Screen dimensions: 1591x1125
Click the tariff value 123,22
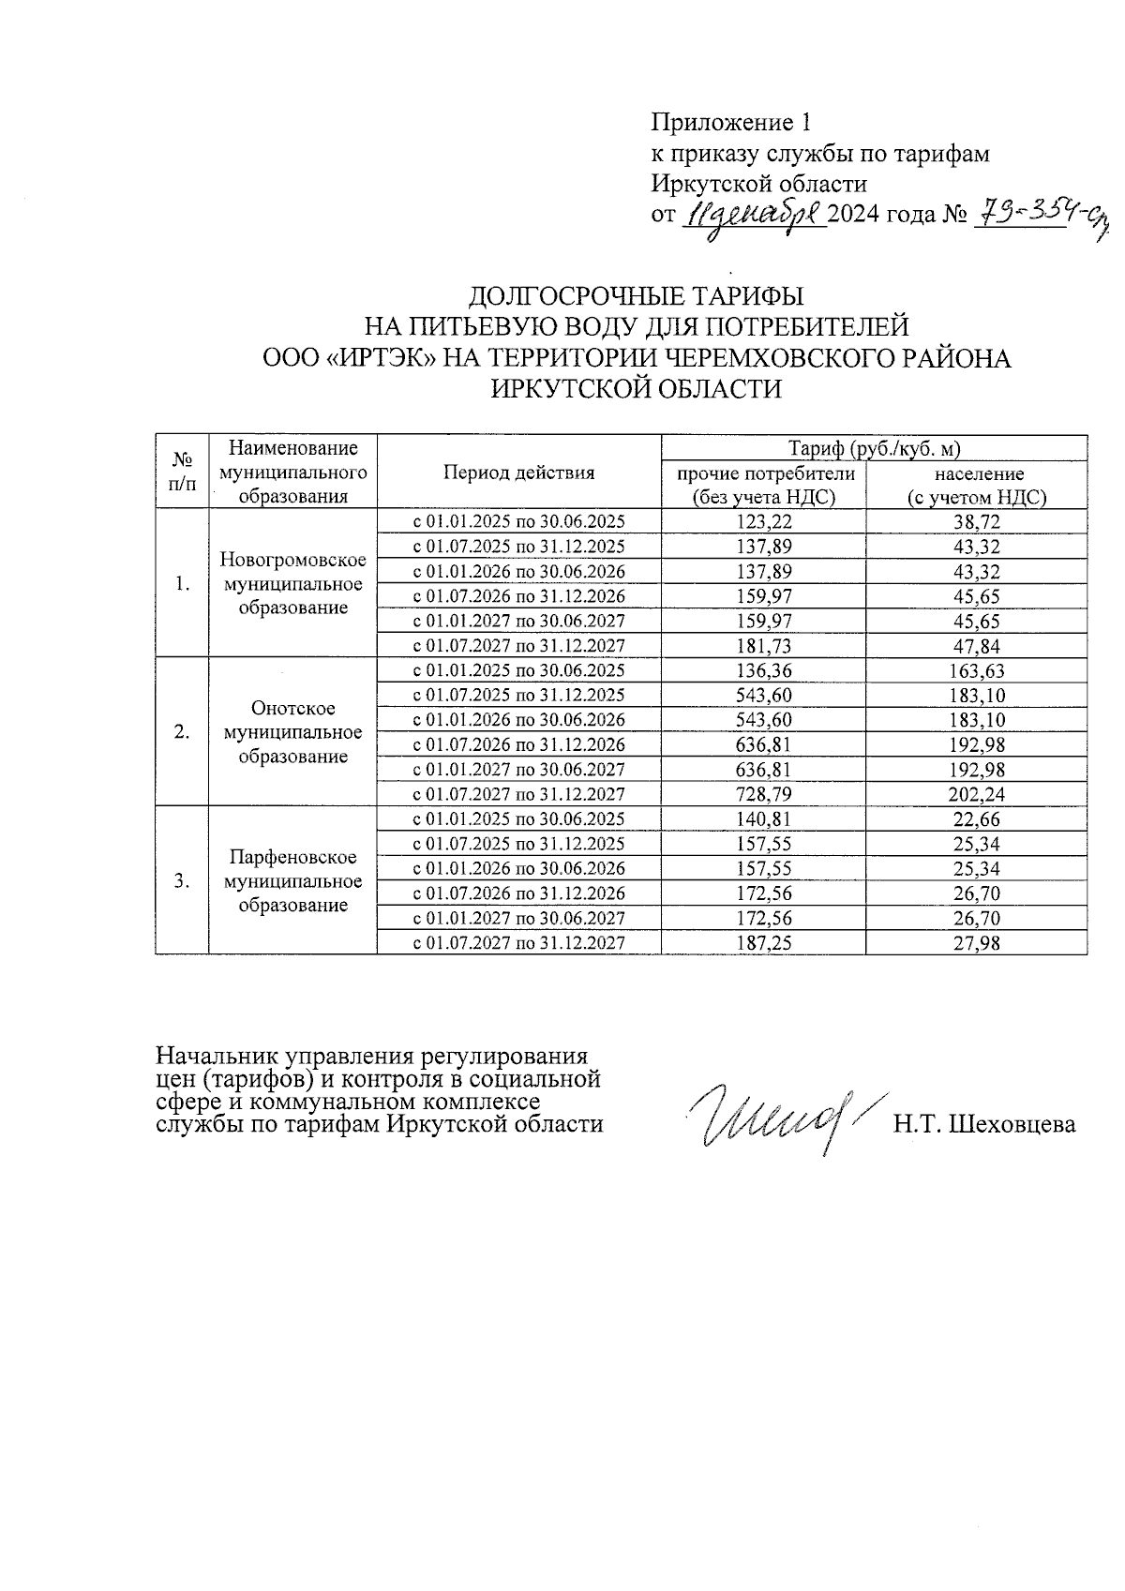pos(763,522)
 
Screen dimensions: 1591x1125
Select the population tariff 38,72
pos(976,522)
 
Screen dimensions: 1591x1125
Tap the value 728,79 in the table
pos(763,794)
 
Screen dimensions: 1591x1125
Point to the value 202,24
pos(976,794)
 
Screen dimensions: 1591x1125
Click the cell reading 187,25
pos(763,943)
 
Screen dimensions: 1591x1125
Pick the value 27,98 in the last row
pos(976,943)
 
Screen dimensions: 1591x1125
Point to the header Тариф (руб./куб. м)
pos(874,448)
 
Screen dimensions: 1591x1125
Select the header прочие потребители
pos(765,473)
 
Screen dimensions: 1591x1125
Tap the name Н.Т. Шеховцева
pos(983,1124)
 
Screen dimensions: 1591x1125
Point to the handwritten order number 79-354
pos(1022,214)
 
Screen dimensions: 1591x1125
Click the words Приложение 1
pos(730,123)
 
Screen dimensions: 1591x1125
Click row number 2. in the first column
pos(183,732)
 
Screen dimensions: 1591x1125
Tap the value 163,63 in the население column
pos(976,671)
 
